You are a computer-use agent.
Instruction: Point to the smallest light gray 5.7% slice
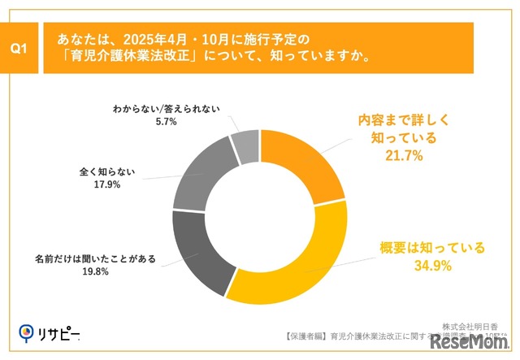(x=245, y=144)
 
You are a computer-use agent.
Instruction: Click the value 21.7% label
(x=403, y=156)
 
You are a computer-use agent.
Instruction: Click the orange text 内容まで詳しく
(x=404, y=119)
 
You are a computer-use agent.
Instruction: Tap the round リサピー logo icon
(x=28, y=332)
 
